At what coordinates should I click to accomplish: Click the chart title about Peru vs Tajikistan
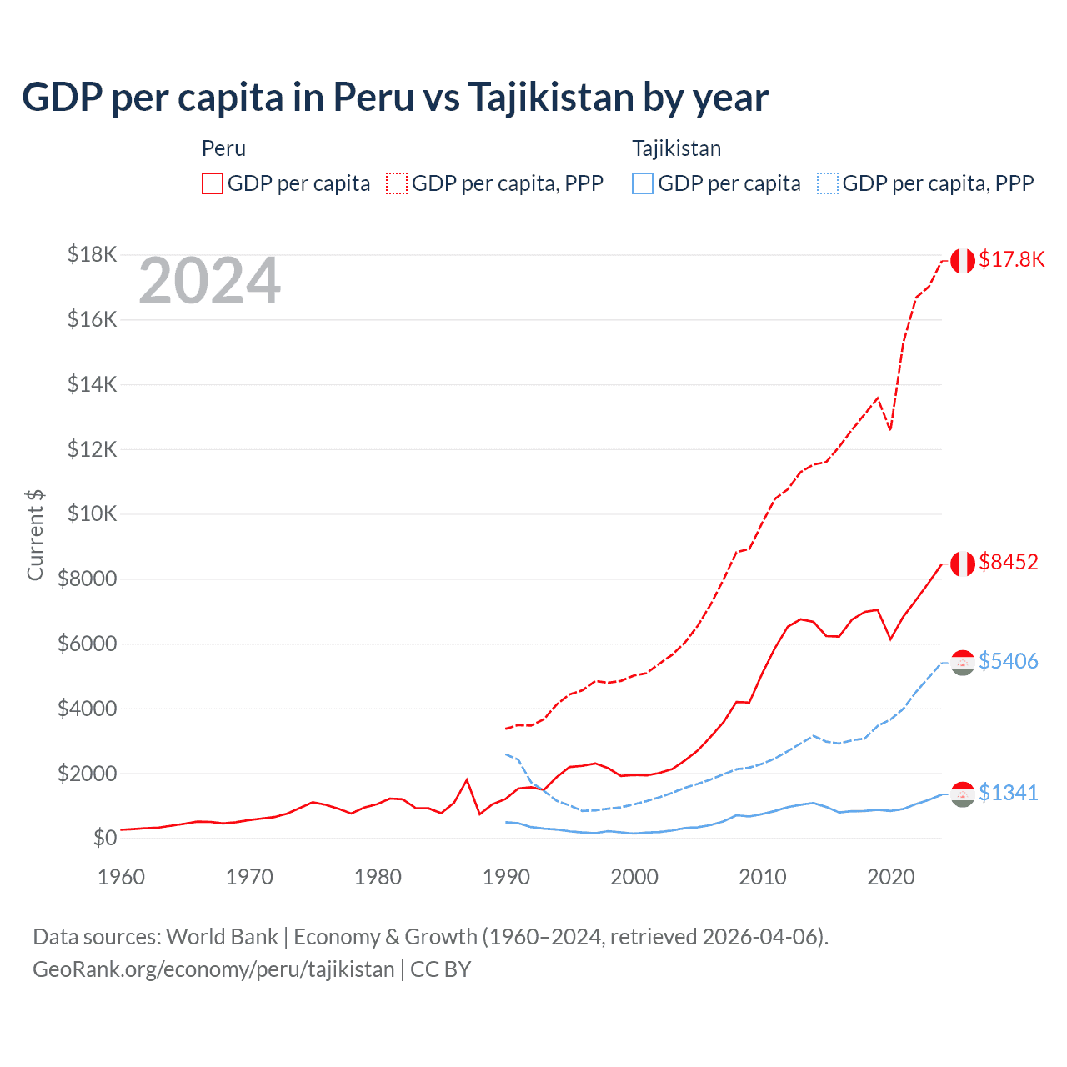395,98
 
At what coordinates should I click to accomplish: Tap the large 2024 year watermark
209,282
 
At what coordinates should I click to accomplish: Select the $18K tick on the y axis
92,254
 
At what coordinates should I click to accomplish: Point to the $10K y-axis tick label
92,513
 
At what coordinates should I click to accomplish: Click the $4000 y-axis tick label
87,709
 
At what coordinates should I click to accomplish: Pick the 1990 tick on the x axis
506,877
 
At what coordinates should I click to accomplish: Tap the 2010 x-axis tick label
763,877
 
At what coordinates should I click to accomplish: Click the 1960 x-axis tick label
122,877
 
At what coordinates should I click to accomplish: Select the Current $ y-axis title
35,535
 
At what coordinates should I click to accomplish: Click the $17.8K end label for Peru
1011,259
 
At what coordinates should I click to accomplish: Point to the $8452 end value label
1009,562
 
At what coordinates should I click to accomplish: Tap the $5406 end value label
1009,661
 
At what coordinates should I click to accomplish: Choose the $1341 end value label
1009,793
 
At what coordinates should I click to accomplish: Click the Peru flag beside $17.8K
963,261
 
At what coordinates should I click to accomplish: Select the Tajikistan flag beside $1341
963,794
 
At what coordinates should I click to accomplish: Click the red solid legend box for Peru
213,183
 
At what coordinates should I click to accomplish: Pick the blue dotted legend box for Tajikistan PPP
828,183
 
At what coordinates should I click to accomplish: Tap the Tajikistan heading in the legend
676,148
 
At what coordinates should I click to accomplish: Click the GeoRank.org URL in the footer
213,969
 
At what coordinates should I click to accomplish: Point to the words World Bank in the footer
222,937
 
